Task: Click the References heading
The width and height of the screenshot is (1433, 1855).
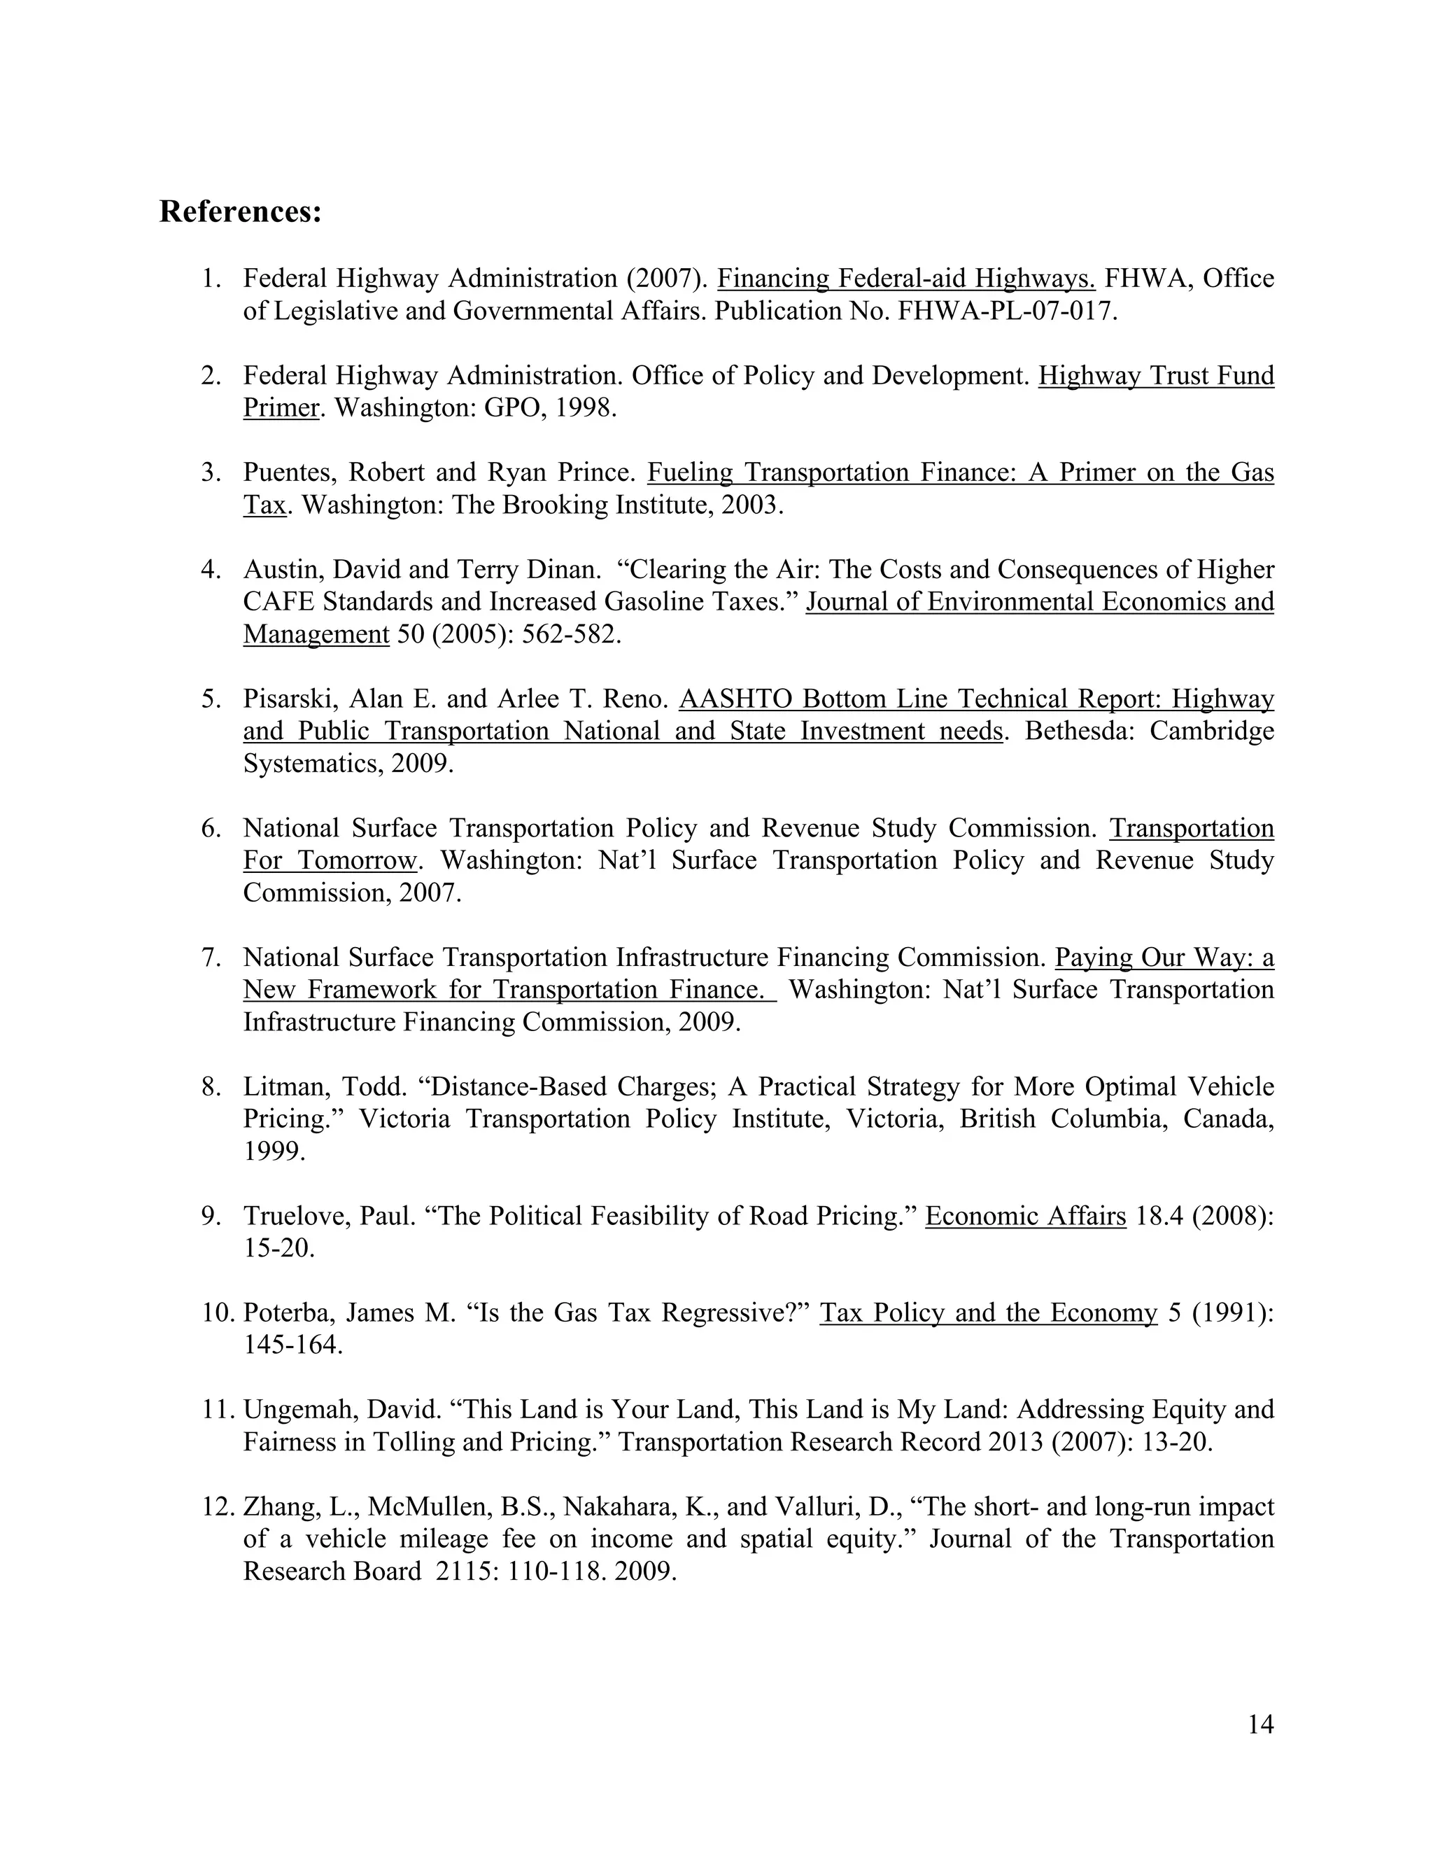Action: coord(240,212)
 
